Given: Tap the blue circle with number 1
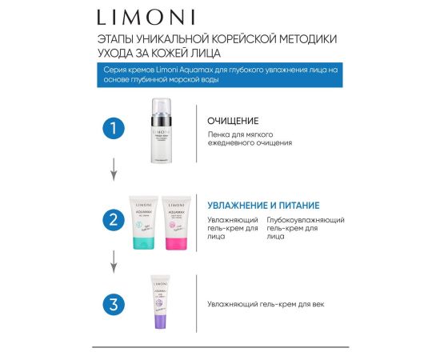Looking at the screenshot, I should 116,128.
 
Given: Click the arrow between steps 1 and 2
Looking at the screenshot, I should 116,169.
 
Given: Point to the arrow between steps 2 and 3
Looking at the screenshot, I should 116,260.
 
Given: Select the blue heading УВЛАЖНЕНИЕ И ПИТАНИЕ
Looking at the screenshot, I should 263,204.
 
